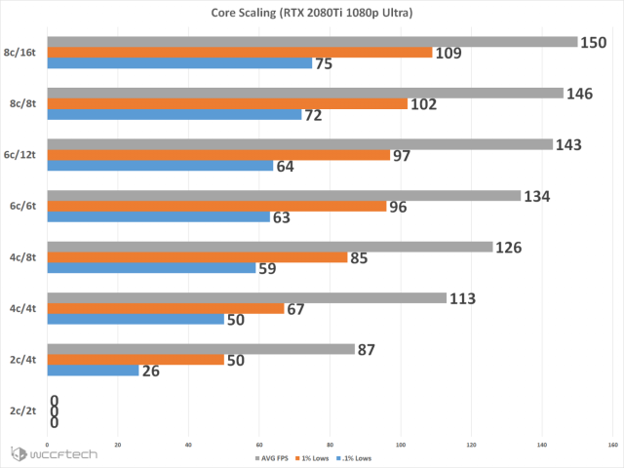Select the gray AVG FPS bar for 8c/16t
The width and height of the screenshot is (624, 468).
(x=312, y=41)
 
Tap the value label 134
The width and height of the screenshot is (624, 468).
(x=537, y=196)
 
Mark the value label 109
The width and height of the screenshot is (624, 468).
(x=450, y=53)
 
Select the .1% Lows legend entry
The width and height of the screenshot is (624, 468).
(x=354, y=457)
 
